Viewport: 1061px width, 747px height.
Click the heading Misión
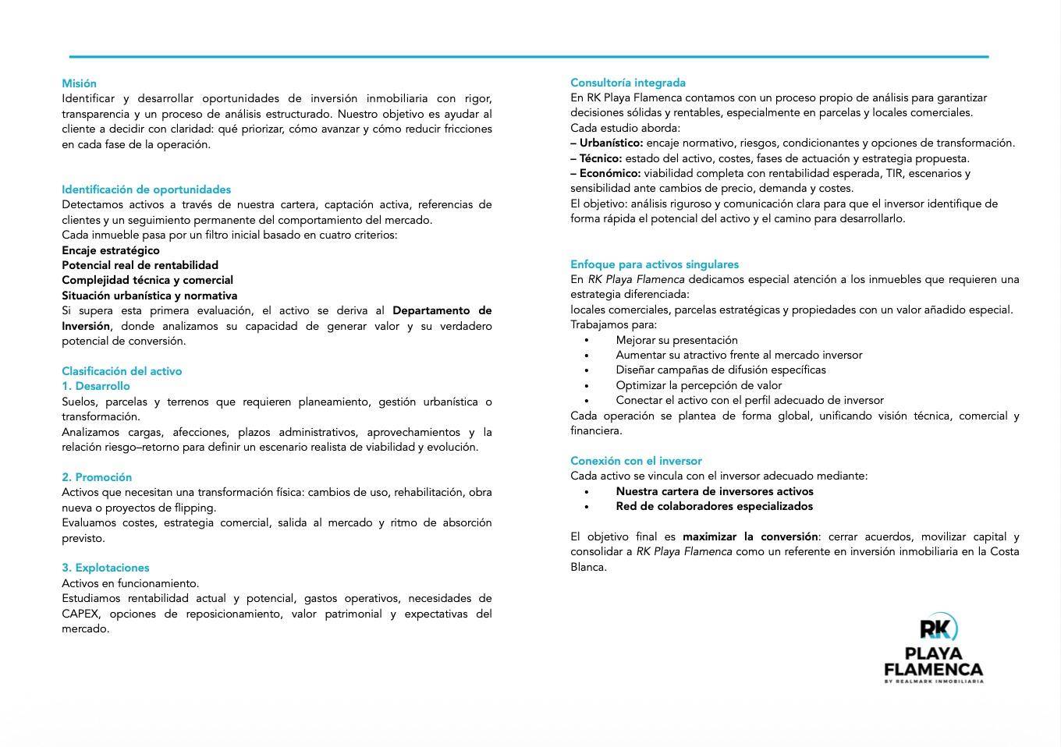[79, 83]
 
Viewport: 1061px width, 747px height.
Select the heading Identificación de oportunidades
[146, 189]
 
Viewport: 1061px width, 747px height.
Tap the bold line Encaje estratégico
[110, 250]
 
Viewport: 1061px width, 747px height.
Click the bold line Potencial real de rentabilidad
[140, 265]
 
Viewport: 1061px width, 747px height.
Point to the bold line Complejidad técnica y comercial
[147, 280]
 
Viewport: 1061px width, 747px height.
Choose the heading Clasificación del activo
[122, 371]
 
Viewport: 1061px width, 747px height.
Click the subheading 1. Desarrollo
[96, 386]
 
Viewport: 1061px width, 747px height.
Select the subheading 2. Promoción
[97, 477]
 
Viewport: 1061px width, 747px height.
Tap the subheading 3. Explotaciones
[105, 568]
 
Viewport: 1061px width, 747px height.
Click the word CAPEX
[80, 614]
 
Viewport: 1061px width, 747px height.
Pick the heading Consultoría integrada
[628, 83]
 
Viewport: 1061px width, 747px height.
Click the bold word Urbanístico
[611, 143]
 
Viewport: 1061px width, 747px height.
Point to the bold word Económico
[609, 173]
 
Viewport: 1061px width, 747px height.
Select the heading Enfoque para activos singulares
[654, 264]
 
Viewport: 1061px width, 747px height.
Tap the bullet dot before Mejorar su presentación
[587, 341]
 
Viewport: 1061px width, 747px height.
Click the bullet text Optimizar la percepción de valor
[698, 385]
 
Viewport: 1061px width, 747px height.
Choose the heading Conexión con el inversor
[636, 461]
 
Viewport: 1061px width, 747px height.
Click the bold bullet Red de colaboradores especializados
[714, 506]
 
